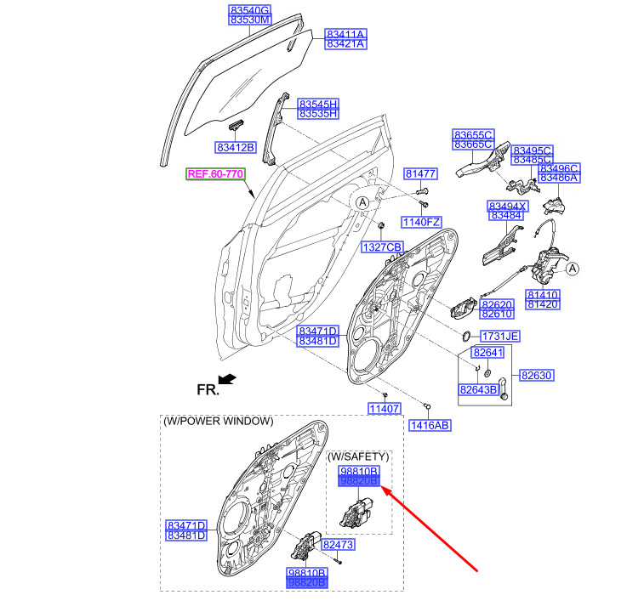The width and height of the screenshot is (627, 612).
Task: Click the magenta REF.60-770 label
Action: tap(215, 174)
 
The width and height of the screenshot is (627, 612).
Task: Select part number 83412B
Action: tap(235, 147)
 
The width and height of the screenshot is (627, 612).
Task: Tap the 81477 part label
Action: tap(421, 173)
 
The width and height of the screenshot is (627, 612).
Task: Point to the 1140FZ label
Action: tap(421, 222)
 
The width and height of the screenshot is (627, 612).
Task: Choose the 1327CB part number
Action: tap(382, 247)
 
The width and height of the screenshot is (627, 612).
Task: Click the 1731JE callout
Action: tap(500, 337)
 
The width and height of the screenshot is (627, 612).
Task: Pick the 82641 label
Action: tap(487, 353)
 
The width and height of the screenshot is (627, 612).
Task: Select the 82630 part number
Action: tap(537, 375)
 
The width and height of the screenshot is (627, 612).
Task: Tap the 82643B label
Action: tap(478, 389)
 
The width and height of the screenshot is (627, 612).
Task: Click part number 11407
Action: tap(385, 408)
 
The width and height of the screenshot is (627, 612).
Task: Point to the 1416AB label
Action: tap(430, 426)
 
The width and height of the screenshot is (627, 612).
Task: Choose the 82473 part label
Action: tap(339, 544)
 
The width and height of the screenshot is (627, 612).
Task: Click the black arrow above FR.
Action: tap(227, 379)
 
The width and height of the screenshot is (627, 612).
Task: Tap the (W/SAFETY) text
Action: tap(358, 456)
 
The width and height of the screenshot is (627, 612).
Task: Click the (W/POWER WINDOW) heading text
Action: tap(219, 421)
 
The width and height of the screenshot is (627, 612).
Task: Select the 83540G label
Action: tap(249, 10)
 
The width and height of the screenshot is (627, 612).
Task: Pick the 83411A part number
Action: tap(345, 34)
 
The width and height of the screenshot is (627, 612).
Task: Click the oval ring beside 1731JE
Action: tap(467, 336)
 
